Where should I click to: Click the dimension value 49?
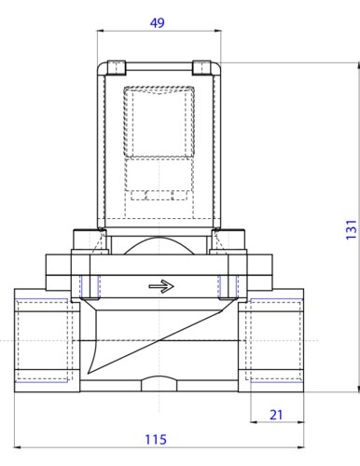(x=158, y=23)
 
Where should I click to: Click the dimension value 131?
(x=351, y=229)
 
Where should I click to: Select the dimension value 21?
(x=276, y=415)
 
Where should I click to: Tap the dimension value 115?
(x=156, y=440)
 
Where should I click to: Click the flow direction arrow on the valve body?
(x=161, y=286)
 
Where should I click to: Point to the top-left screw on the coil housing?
(x=117, y=68)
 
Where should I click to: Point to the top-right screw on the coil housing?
(x=201, y=68)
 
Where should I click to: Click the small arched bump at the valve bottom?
(x=159, y=384)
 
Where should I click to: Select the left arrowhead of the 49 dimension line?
(x=100, y=31)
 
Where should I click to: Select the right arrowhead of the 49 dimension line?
(x=218, y=31)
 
